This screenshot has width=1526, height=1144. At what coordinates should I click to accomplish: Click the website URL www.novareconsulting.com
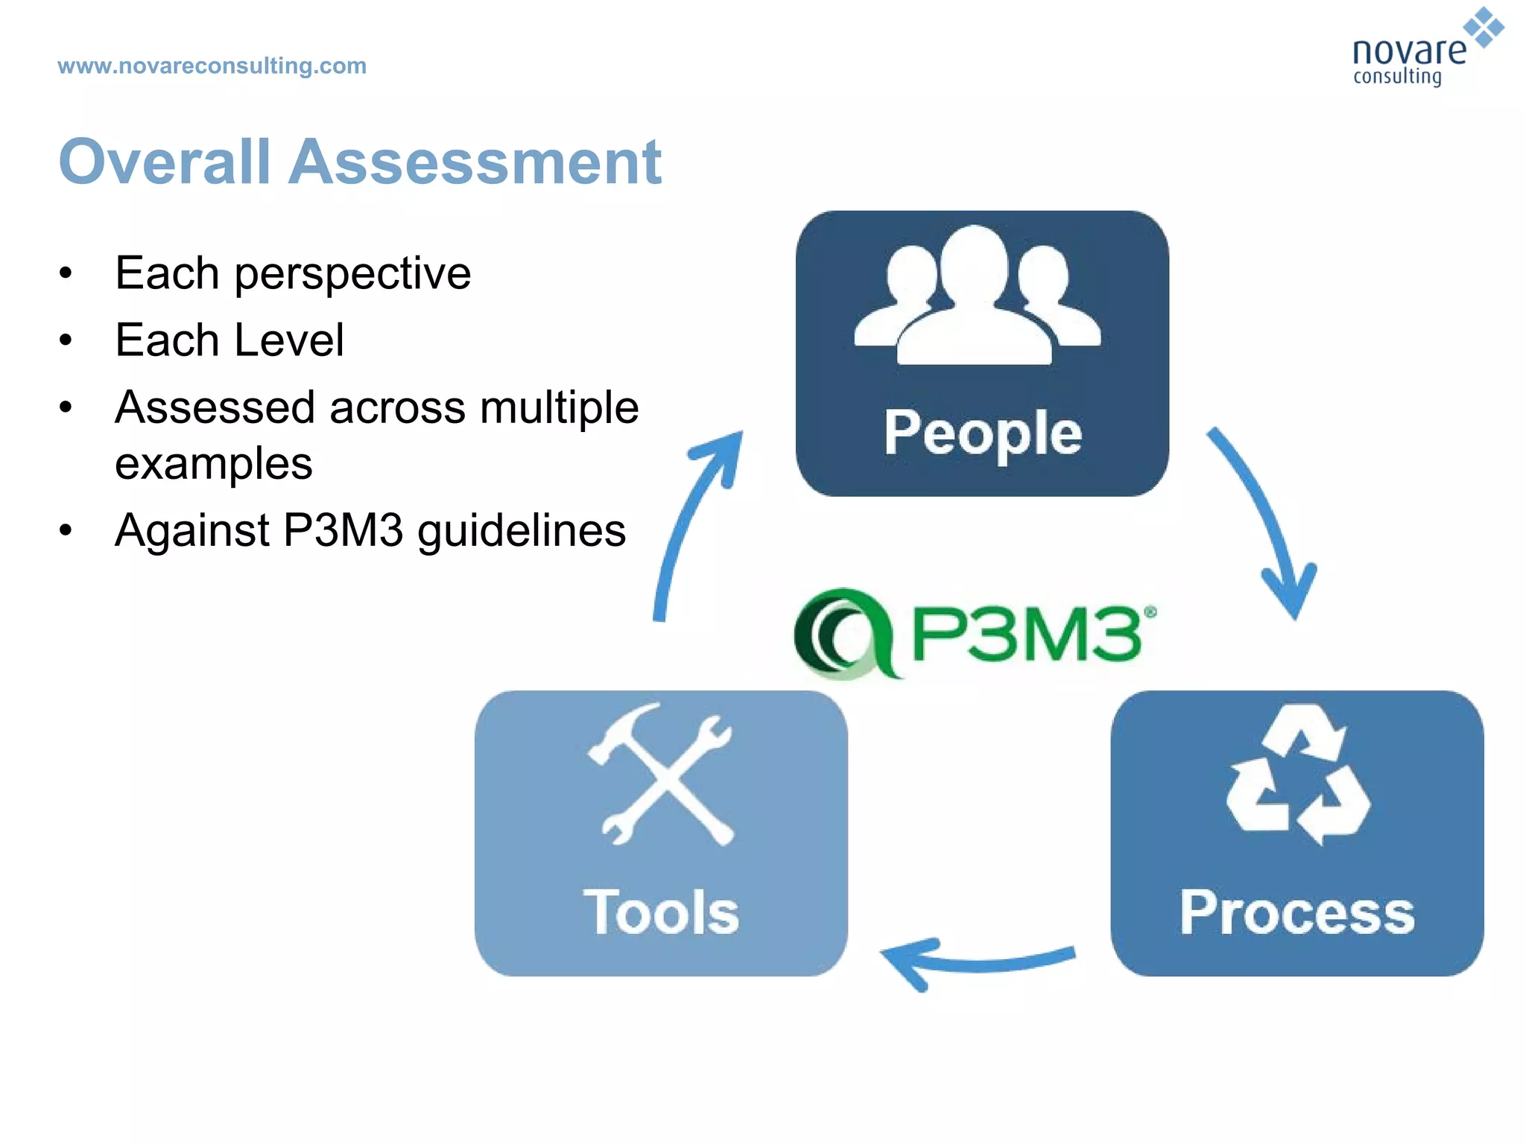212,66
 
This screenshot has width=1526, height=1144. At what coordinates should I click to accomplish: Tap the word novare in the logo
1408,51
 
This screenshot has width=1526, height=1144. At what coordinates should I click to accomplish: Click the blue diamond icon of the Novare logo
1484,28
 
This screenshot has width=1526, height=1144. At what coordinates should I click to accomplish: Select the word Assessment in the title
475,162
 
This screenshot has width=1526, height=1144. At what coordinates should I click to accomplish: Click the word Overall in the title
165,162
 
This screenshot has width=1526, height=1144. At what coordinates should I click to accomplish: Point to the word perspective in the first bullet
352,274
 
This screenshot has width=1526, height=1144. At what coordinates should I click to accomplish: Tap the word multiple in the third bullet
559,407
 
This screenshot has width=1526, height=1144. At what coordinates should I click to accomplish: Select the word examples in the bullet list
214,463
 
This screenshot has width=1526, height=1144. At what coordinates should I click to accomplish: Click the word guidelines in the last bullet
521,531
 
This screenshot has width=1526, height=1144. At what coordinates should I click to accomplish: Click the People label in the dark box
982,433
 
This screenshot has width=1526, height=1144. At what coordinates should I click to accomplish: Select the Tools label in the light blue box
661,912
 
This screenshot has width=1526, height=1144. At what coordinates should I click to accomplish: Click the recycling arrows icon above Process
1297,775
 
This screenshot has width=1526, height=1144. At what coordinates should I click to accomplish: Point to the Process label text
1297,912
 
